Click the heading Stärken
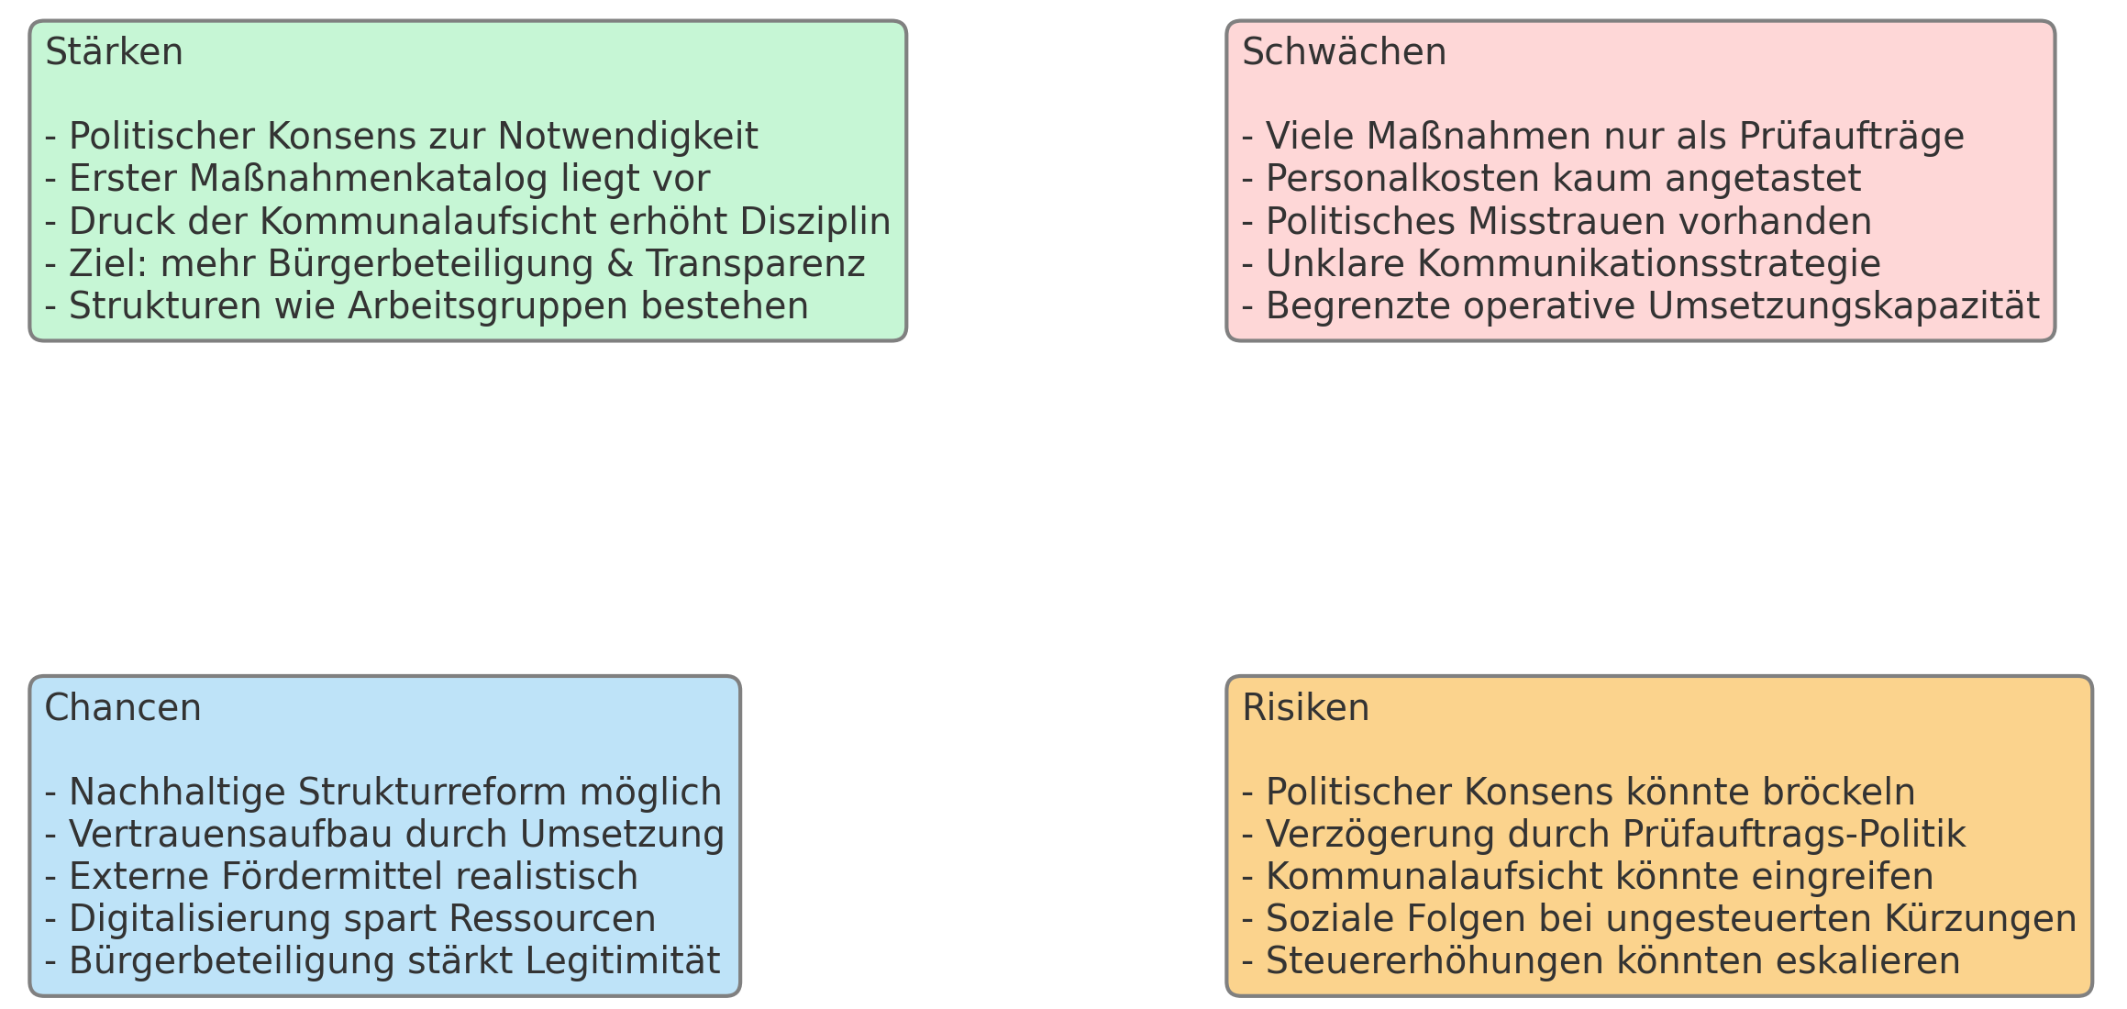pyautogui.click(x=114, y=52)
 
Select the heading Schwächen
pyautogui.click(x=1344, y=52)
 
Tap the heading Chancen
pyautogui.click(x=123, y=708)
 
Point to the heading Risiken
pyautogui.click(x=1305, y=708)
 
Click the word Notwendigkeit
pyautogui.click(x=627, y=138)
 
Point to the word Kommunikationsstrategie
pyautogui.click(x=1649, y=264)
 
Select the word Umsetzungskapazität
pyautogui.click(x=1844, y=306)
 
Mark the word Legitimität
pyautogui.click(x=622, y=961)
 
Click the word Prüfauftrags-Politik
pyautogui.click(x=1794, y=835)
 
